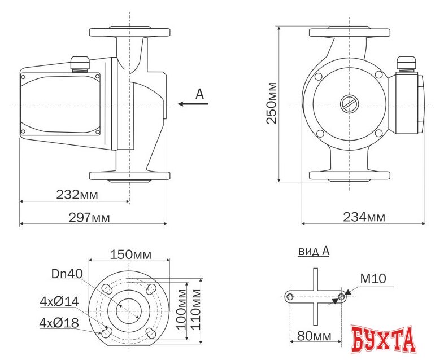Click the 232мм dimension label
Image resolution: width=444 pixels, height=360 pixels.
coord(77,195)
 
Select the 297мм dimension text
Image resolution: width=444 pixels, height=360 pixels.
coord(89,217)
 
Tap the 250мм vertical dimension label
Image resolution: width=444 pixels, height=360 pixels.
coord(271,103)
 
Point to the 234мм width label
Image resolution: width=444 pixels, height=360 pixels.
coord(364,217)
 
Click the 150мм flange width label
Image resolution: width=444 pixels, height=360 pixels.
coord(130,254)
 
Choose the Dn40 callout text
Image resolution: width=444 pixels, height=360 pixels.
coord(67,274)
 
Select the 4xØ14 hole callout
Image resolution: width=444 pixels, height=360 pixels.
coord(59,301)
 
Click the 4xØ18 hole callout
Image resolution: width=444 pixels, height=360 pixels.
coord(59,323)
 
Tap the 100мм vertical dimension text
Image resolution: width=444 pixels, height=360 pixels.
coord(181,310)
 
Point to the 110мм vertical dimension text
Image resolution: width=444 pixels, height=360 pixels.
coord(196,310)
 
